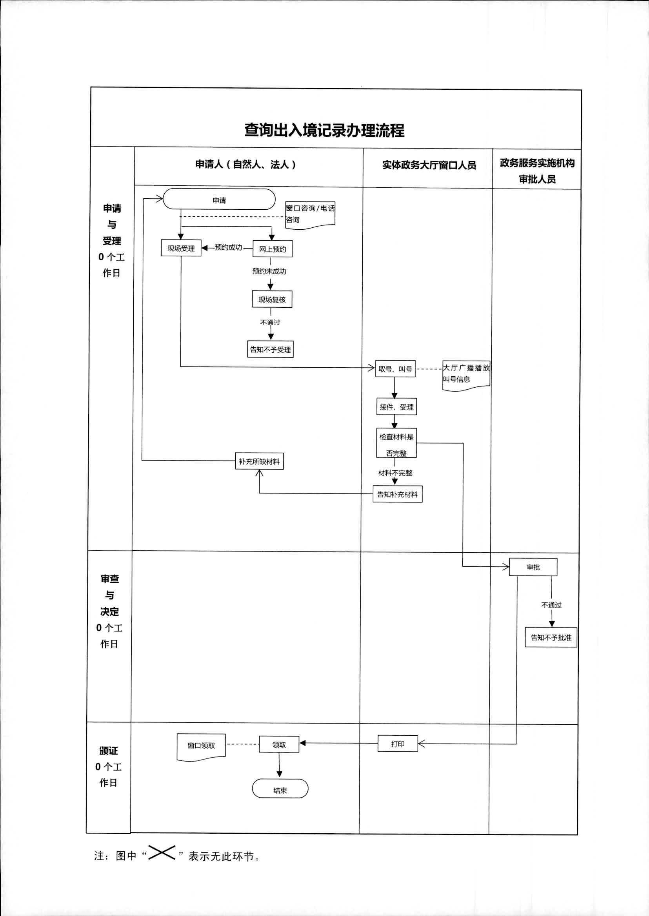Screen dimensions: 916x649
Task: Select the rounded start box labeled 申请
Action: click(219, 200)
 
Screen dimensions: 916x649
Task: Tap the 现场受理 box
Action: click(181, 248)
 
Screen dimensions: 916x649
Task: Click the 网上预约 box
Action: click(273, 249)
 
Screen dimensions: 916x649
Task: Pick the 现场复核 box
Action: click(272, 299)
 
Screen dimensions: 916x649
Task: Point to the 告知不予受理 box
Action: click(270, 349)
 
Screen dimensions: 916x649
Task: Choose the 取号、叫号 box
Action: click(395, 369)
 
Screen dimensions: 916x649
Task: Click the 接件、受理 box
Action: click(396, 407)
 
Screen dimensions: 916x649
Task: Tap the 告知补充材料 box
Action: click(397, 494)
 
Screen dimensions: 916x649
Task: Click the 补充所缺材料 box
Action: click(259, 461)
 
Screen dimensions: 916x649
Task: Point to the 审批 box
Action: click(533, 567)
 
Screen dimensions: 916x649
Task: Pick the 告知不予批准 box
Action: click(551, 637)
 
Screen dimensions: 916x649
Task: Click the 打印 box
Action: click(397, 744)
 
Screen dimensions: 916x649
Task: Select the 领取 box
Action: click(279, 744)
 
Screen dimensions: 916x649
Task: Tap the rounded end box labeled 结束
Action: click(280, 790)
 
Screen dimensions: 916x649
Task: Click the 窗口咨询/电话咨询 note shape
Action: click(310, 214)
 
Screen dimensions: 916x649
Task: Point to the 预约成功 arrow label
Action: click(228, 247)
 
